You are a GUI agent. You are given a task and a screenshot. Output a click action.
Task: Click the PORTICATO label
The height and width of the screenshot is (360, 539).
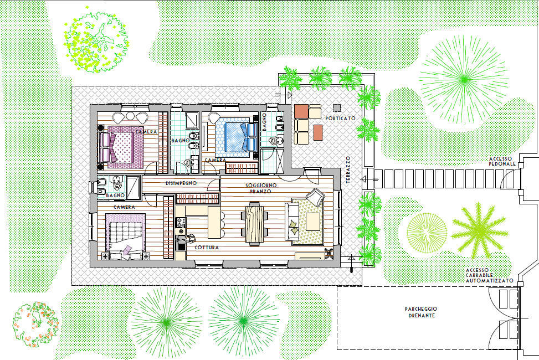coord(340,119)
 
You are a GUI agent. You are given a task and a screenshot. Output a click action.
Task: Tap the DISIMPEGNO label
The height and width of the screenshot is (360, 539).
coord(181,183)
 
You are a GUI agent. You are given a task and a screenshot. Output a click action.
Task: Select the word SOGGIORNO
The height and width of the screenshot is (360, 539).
coord(261,186)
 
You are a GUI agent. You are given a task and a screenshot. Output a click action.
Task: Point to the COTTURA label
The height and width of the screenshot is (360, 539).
coord(207,247)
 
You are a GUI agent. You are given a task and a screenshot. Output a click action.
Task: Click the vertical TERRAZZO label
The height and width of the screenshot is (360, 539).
coord(348,169)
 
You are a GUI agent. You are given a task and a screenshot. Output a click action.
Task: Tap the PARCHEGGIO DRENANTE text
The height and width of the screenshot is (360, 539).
coord(421,312)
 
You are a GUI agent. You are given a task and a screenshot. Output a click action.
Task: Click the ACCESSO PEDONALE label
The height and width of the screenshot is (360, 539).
coord(502,161)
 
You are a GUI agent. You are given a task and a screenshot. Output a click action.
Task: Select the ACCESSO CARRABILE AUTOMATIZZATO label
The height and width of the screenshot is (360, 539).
coord(490,275)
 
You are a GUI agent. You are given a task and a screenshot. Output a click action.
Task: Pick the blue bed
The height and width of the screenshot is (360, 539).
coord(237,137)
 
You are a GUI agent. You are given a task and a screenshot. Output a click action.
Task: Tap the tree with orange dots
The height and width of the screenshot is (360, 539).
coord(35,325)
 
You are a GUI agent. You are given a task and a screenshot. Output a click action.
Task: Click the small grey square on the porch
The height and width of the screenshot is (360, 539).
coord(337,107)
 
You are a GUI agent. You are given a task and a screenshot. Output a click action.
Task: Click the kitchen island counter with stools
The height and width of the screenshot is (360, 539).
coord(214,222)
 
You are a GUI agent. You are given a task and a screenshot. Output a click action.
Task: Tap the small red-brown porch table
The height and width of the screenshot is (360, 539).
coord(318,132)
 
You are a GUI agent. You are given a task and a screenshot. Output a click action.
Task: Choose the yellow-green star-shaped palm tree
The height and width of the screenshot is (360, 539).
coord(479,231)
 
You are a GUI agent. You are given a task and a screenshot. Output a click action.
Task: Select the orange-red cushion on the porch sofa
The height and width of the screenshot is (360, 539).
coord(301,111)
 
